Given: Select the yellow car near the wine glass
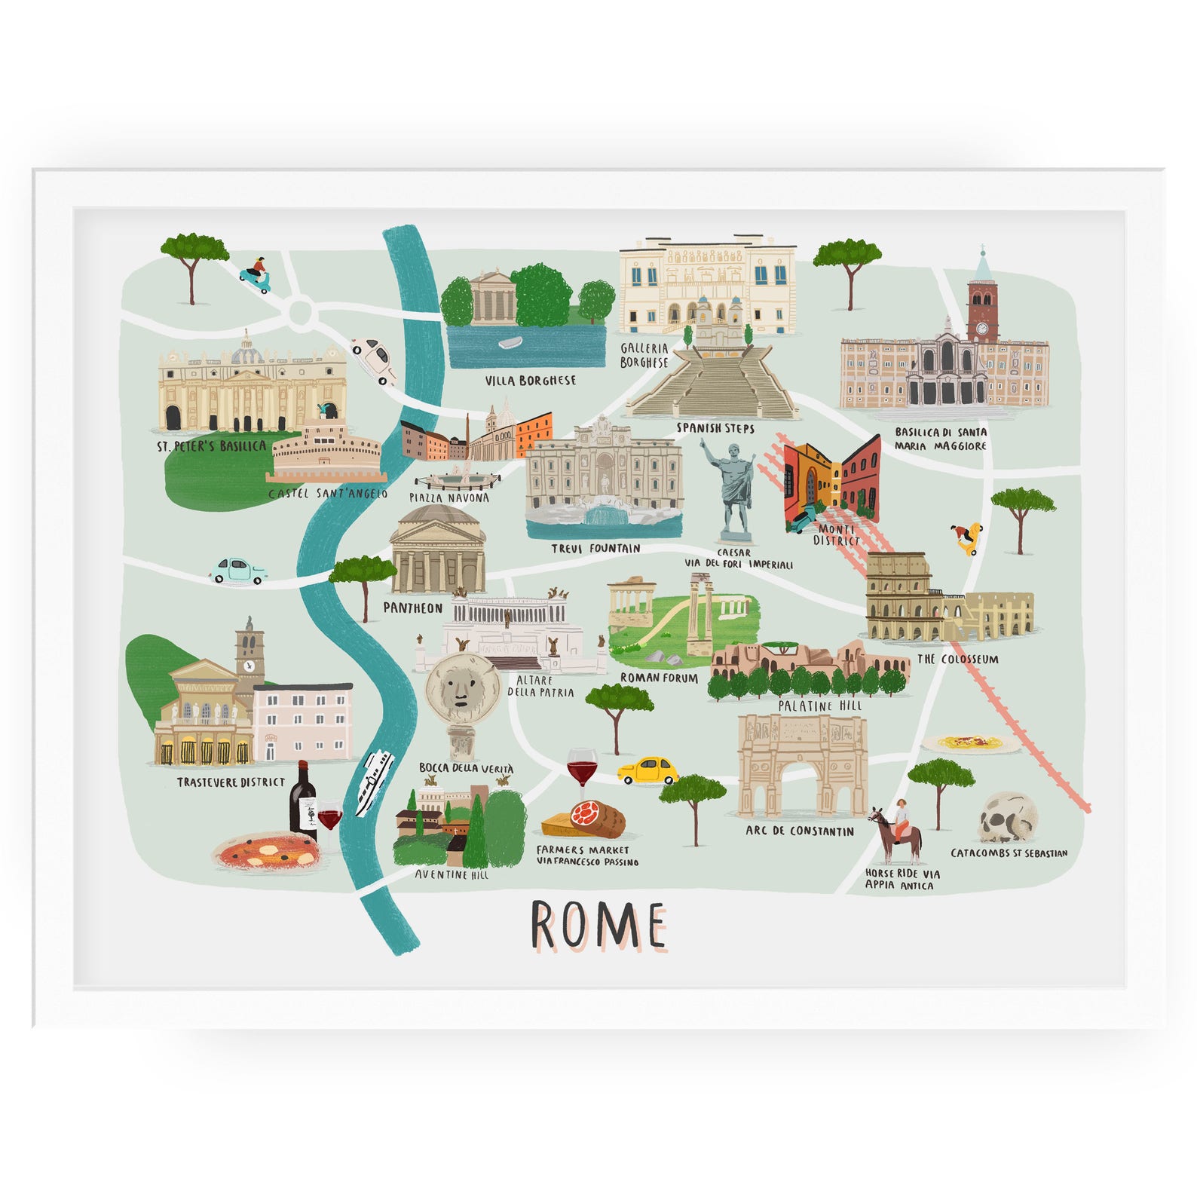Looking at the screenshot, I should click(648, 770).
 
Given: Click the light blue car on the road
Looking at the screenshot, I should click(239, 571).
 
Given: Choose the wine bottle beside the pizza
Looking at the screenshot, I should click(302, 799).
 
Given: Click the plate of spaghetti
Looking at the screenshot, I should click(971, 743).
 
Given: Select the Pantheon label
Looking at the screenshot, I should click(413, 608).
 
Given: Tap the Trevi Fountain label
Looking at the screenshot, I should click(595, 548).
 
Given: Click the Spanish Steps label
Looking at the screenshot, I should click(715, 428).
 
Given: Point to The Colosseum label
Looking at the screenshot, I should click(957, 659).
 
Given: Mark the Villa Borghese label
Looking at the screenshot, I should click(530, 381).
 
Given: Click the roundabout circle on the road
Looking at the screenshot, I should click(300, 310).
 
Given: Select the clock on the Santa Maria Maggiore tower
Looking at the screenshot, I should click(982, 328).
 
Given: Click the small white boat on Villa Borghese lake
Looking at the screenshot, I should click(510, 344).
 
